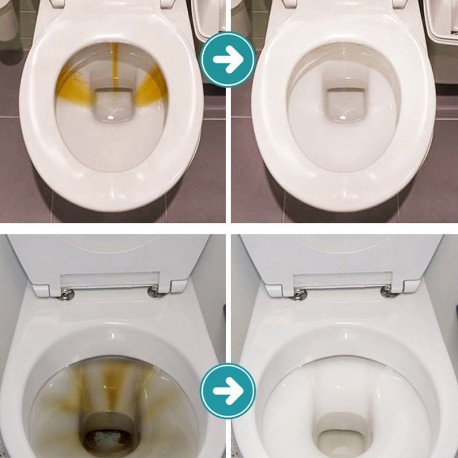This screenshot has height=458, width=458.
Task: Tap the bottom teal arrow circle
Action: [228, 391]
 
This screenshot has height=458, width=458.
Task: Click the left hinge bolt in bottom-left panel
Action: [68, 294]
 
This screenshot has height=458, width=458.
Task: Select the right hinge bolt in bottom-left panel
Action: [154, 292]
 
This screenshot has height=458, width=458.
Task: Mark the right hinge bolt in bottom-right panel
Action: [386, 291]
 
